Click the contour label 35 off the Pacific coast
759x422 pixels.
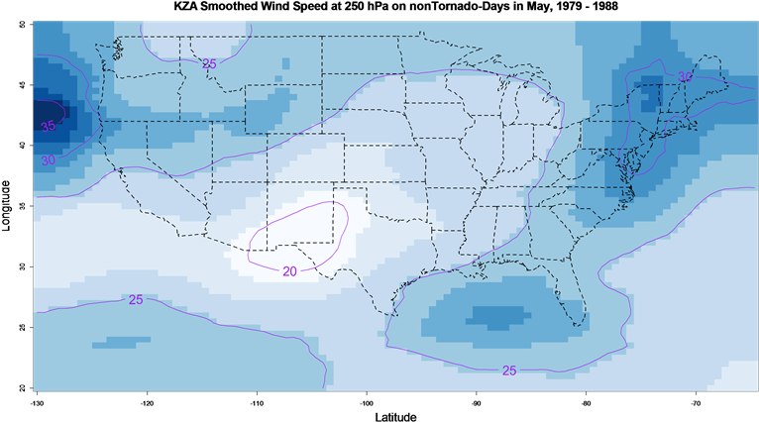click(x=48, y=126)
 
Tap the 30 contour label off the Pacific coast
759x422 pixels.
click(x=49, y=159)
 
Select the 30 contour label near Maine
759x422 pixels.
click(x=685, y=77)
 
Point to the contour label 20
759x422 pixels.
click(x=289, y=271)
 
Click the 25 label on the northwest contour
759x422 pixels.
click(x=209, y=63)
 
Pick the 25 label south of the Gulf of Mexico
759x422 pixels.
click(x=509, y=370)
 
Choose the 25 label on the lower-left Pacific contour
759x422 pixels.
click(x=136, y=299)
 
